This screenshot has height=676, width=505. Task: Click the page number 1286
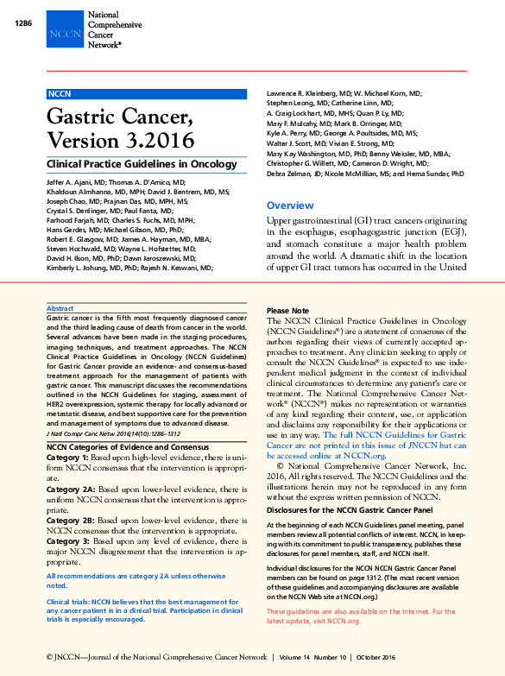tap(23, 22)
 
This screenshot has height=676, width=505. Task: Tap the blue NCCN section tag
tap(60, 93)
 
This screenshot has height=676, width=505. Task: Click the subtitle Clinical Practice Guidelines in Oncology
tap(142, 164)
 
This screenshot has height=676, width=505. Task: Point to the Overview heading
tap(290, 205)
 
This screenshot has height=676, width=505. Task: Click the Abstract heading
tap(60, 308)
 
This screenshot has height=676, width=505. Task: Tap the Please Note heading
tap(287, 310)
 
